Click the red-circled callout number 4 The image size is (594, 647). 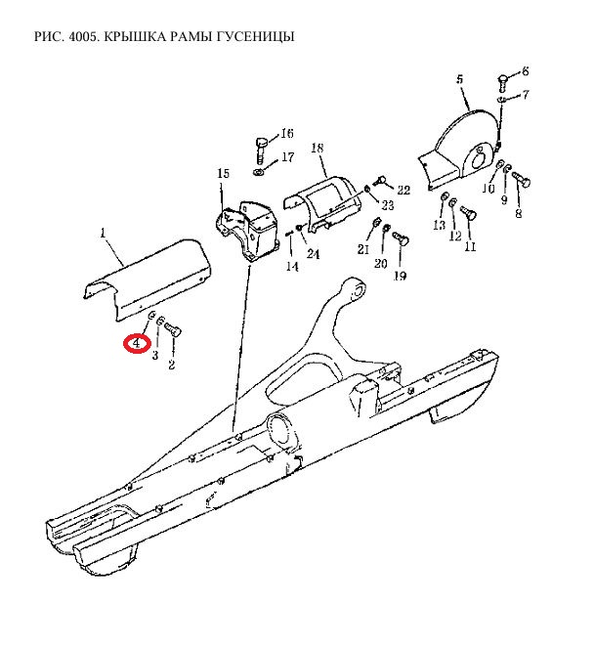tap(137, 343)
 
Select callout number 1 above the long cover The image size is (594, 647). tap(104, 233)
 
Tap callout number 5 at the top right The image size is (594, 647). tap(460, 79)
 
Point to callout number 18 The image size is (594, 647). tap(318, 148)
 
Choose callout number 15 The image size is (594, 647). tap(223, 173)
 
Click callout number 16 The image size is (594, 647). tap(287, 133)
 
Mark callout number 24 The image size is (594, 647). tap(313, 253)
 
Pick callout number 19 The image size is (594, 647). tap(401, 276)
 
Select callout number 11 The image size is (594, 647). tap(470, 246)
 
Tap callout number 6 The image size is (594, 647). tap(525, 71)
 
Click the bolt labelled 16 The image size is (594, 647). tap(261, 151)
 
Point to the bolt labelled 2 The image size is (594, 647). tap(173, 330)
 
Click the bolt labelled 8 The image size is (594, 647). tap(522, 179)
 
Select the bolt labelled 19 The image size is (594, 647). tap(401, 237)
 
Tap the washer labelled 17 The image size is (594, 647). tap(259, 171)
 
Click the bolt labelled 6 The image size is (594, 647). tap(503, 84)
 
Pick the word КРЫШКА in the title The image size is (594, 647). tap(134, 37)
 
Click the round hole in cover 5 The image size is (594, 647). tap(478, 158)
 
